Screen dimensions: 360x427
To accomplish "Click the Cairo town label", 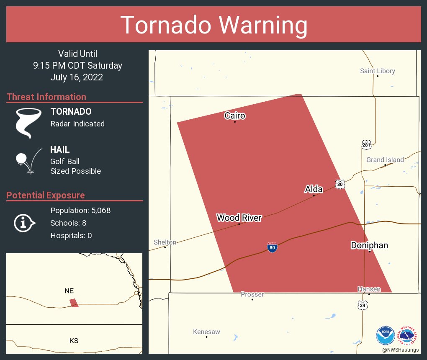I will [234, 116].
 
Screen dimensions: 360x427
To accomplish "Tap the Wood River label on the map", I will [239, 218].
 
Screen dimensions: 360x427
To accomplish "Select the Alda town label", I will [314, 189].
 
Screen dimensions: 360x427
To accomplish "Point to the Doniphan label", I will [369, 245].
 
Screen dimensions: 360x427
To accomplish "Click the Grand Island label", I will [385, 159].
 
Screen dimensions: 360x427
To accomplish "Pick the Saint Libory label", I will [377, 71].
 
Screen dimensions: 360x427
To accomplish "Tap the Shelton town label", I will [165, 242].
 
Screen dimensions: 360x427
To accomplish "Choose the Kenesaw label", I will [206, 332].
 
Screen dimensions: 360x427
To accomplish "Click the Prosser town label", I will [252, 294].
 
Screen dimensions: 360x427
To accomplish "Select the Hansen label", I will [369, 289].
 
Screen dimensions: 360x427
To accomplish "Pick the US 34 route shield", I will [363, 306].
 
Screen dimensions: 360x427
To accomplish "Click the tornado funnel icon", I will [28, 122].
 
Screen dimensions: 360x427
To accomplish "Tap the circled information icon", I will [24, 223].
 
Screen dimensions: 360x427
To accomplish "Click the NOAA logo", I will [385, 335].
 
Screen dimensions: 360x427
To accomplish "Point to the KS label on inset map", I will [74, 341].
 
